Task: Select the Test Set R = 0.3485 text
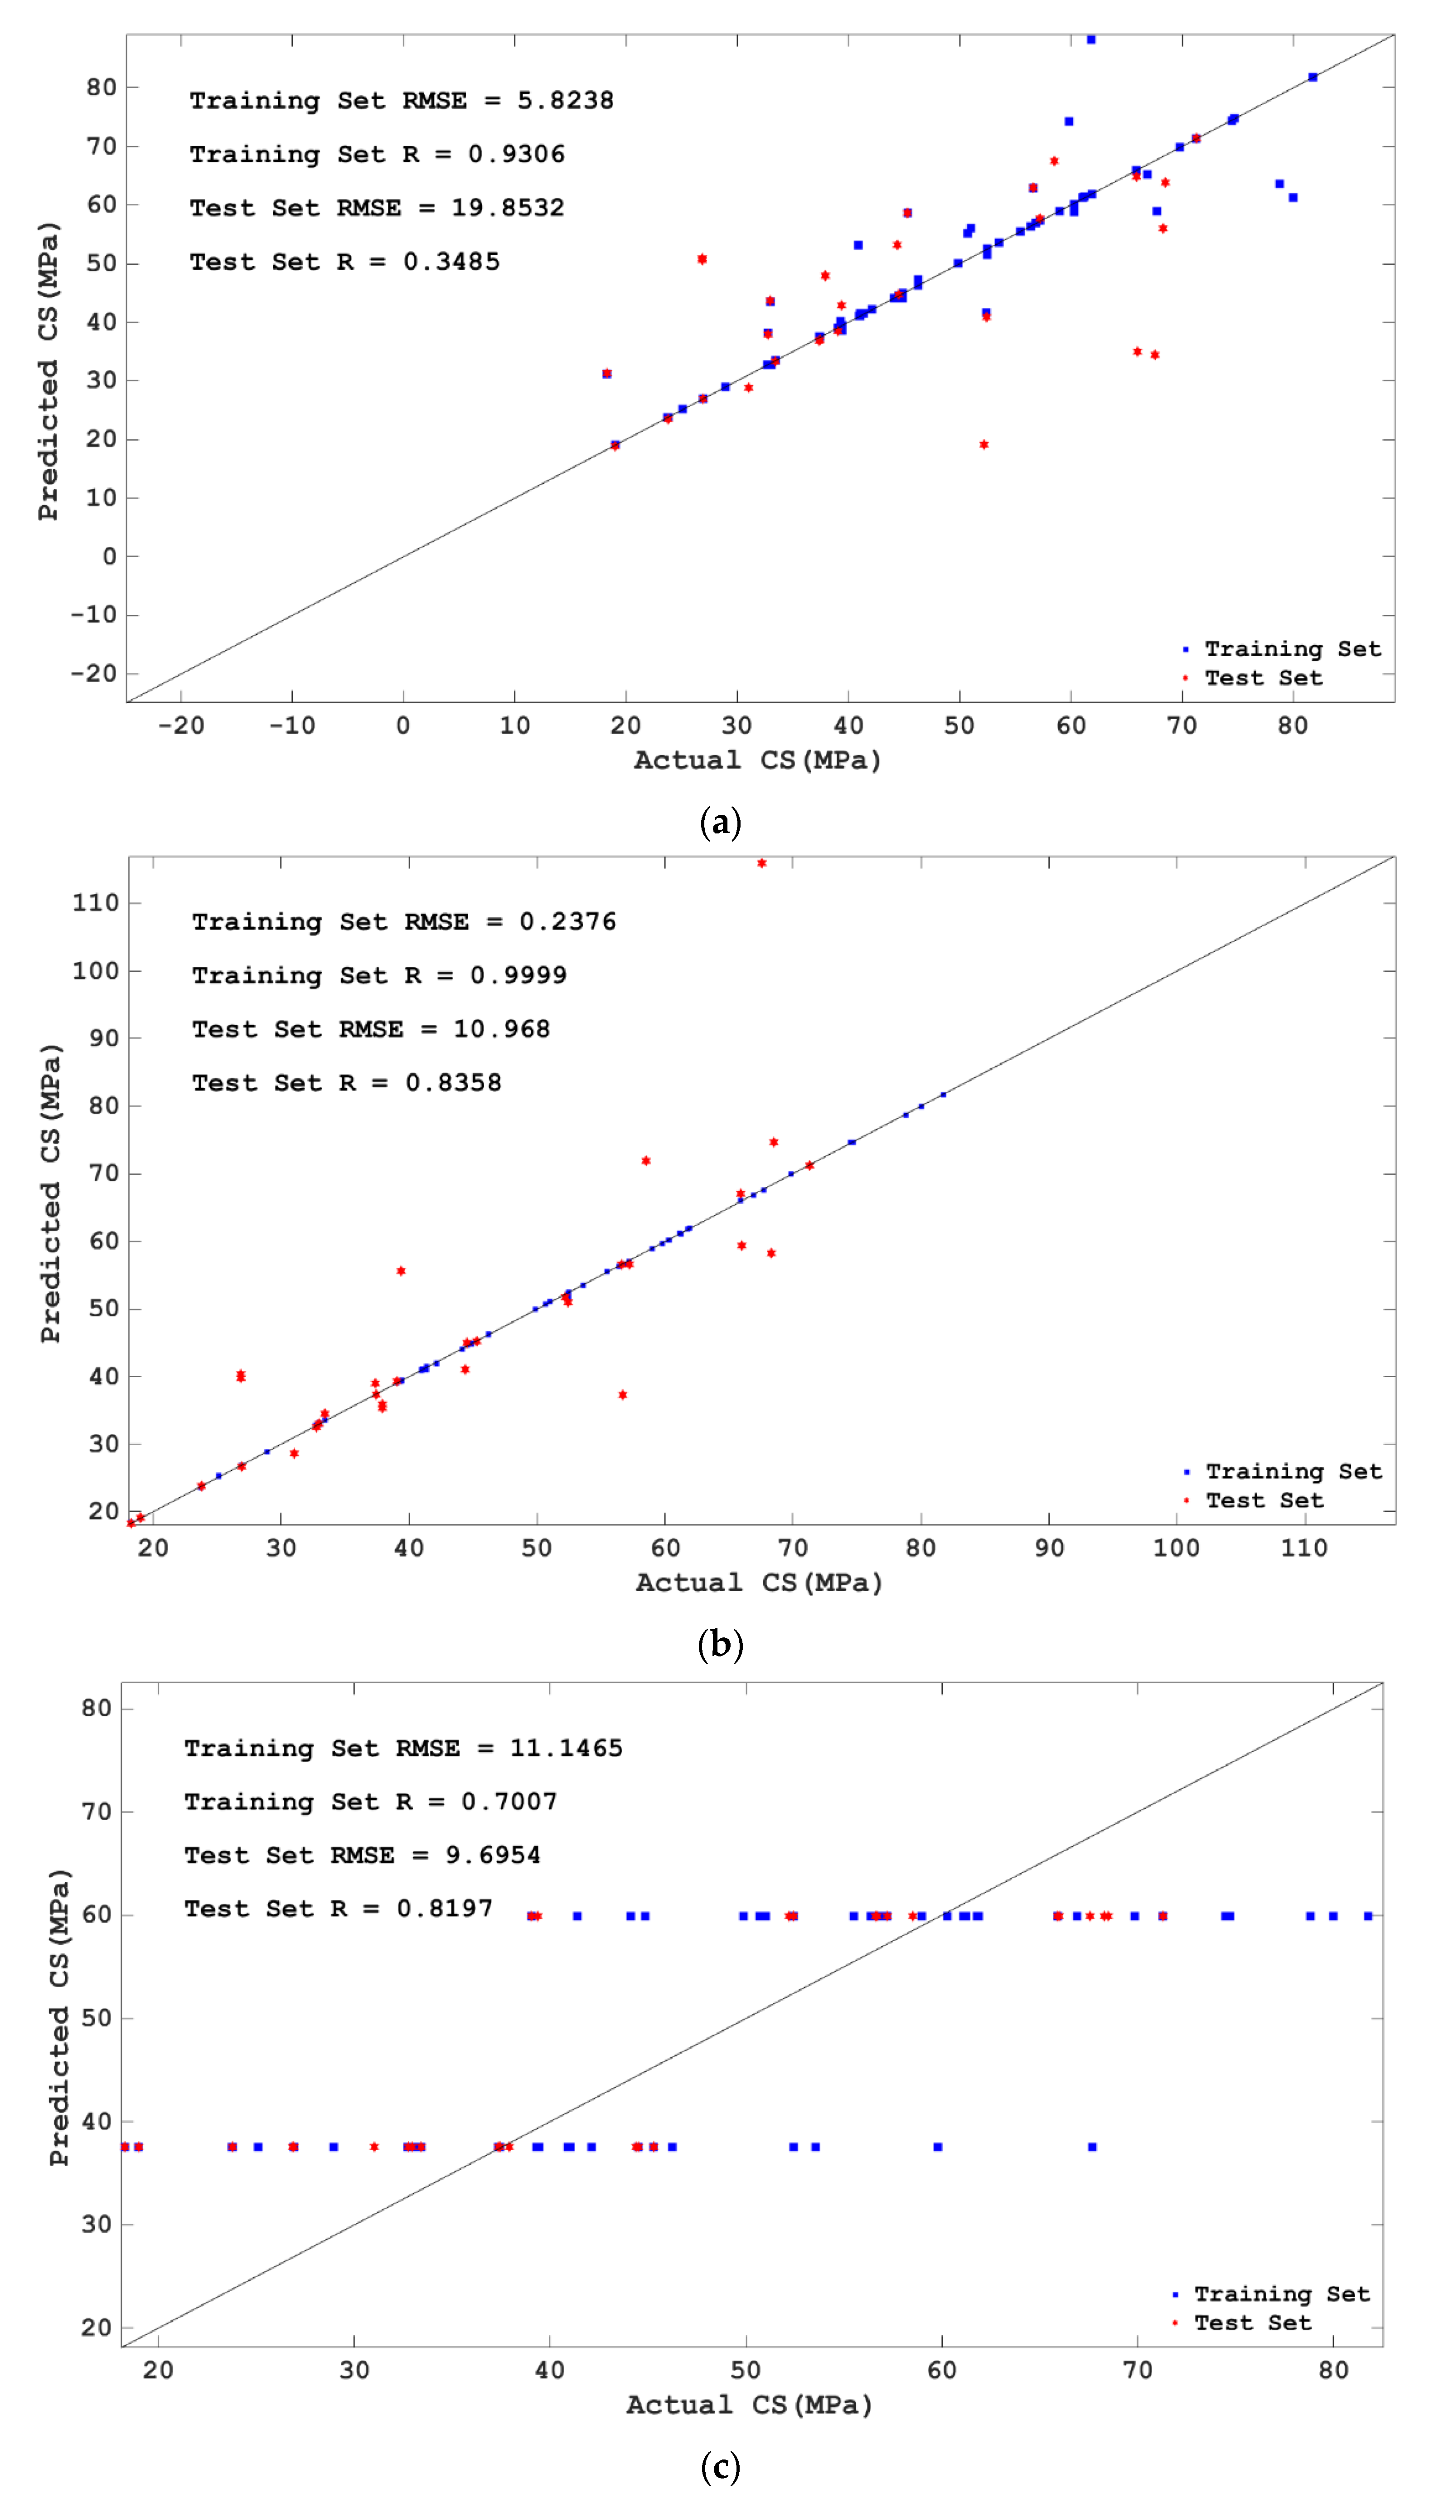pos(345,262)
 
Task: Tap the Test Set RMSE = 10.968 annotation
pos(370,1029)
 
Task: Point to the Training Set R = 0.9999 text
pos(379,975)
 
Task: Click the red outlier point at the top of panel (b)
pos(761,863)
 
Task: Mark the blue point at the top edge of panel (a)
pos(1090,39)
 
